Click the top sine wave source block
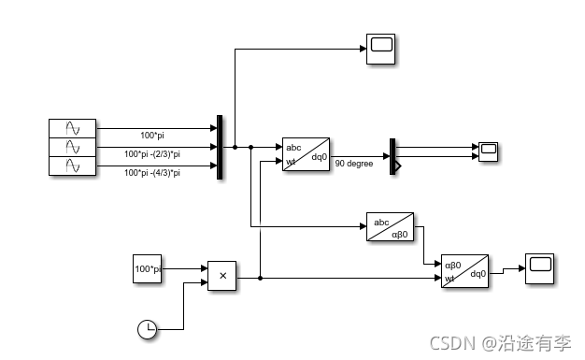coord(73,128)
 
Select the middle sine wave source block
coord(73,147)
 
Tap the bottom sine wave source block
coord(73,166)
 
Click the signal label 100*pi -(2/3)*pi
coord(152,154)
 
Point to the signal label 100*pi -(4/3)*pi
coord(152,173)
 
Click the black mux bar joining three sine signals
coord(220,147)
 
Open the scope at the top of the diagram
coord(381,49)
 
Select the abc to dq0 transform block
coord(307,154)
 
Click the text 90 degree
coord(354,165)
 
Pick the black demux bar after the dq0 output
coord(393,154)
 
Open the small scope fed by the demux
coord(489,151)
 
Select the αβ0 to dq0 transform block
coord(464,271)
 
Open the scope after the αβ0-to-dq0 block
coord(539,267)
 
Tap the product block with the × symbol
coord(222,276)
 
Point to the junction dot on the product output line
coord(260,278)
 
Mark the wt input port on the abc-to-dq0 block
coord(291,163)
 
